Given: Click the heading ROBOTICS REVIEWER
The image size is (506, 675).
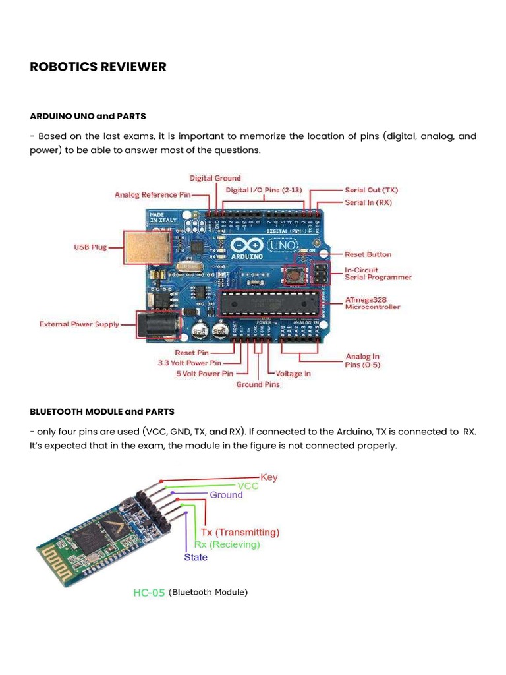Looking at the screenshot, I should (x=98, y=67).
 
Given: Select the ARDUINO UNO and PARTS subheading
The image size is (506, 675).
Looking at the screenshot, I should (x=88, y=116).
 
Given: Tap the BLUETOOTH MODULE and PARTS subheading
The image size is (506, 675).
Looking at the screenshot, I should (x=102, y=411).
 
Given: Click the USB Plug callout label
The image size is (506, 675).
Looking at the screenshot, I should (x=90, y=247).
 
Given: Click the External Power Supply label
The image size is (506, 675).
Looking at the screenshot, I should (x=79, y=324).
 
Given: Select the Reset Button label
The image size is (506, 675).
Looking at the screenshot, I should (x=368, y=254).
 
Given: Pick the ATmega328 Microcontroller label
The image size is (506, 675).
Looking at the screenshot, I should (x=372, y=303).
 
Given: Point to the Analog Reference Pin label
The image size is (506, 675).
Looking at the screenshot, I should (x=153, y=194).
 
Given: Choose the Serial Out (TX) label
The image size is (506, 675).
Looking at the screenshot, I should (x=371, y=190).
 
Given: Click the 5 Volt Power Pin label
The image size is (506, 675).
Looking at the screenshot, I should (x=204, y=374).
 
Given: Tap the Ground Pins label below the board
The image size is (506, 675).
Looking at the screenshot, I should (x=258, y=384).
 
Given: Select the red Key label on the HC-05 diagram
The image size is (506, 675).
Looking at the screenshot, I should (x=269, y=477).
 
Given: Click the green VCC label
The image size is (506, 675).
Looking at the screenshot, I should (x=248, y=486).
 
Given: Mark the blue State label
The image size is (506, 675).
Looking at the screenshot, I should (x=195, y=557).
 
